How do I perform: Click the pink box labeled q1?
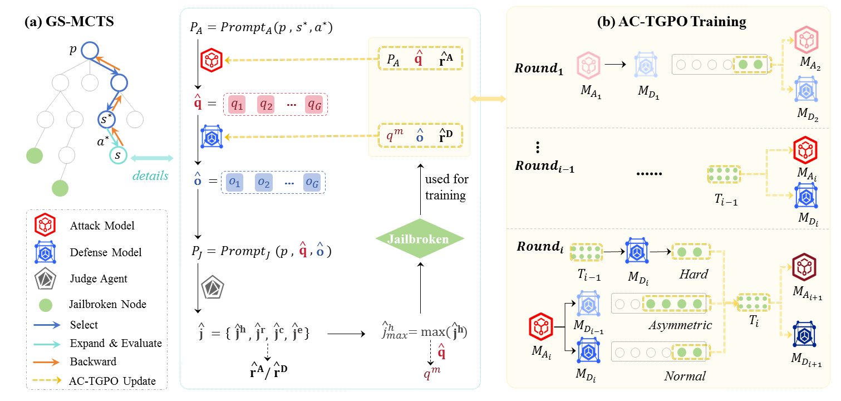[x=238, y=104]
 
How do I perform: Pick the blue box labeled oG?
[x=312, y=182]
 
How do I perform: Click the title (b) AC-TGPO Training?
[x=671, y=22]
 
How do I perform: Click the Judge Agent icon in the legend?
[x=44, y=278]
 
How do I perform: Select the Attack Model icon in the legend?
[x=44, y=226]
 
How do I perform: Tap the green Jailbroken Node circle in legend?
[x=44, y=304]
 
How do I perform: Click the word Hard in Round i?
[x=694, y=274]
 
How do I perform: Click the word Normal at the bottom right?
[x=684, y=376]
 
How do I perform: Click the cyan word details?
[x=150, y=176]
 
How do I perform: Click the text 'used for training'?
[x=446, y=188]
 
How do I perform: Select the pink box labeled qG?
[x=314, y=104]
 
